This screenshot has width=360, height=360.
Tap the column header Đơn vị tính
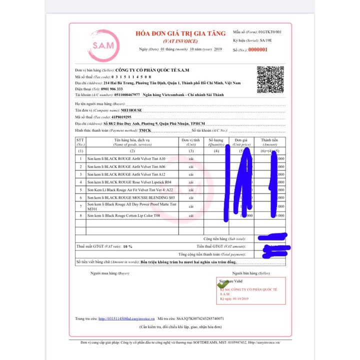pos(191,141)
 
